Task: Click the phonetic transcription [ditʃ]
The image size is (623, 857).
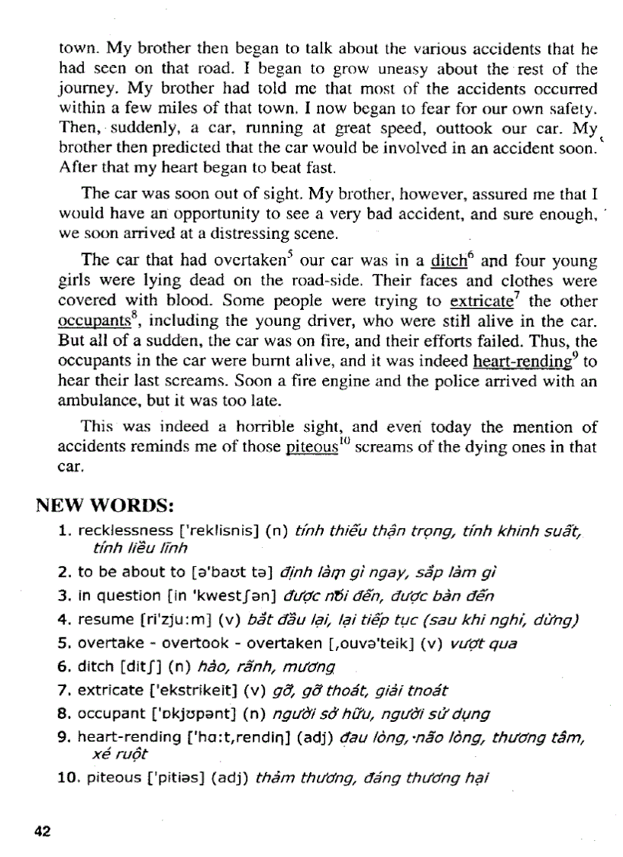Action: click(x=139, y=667)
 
